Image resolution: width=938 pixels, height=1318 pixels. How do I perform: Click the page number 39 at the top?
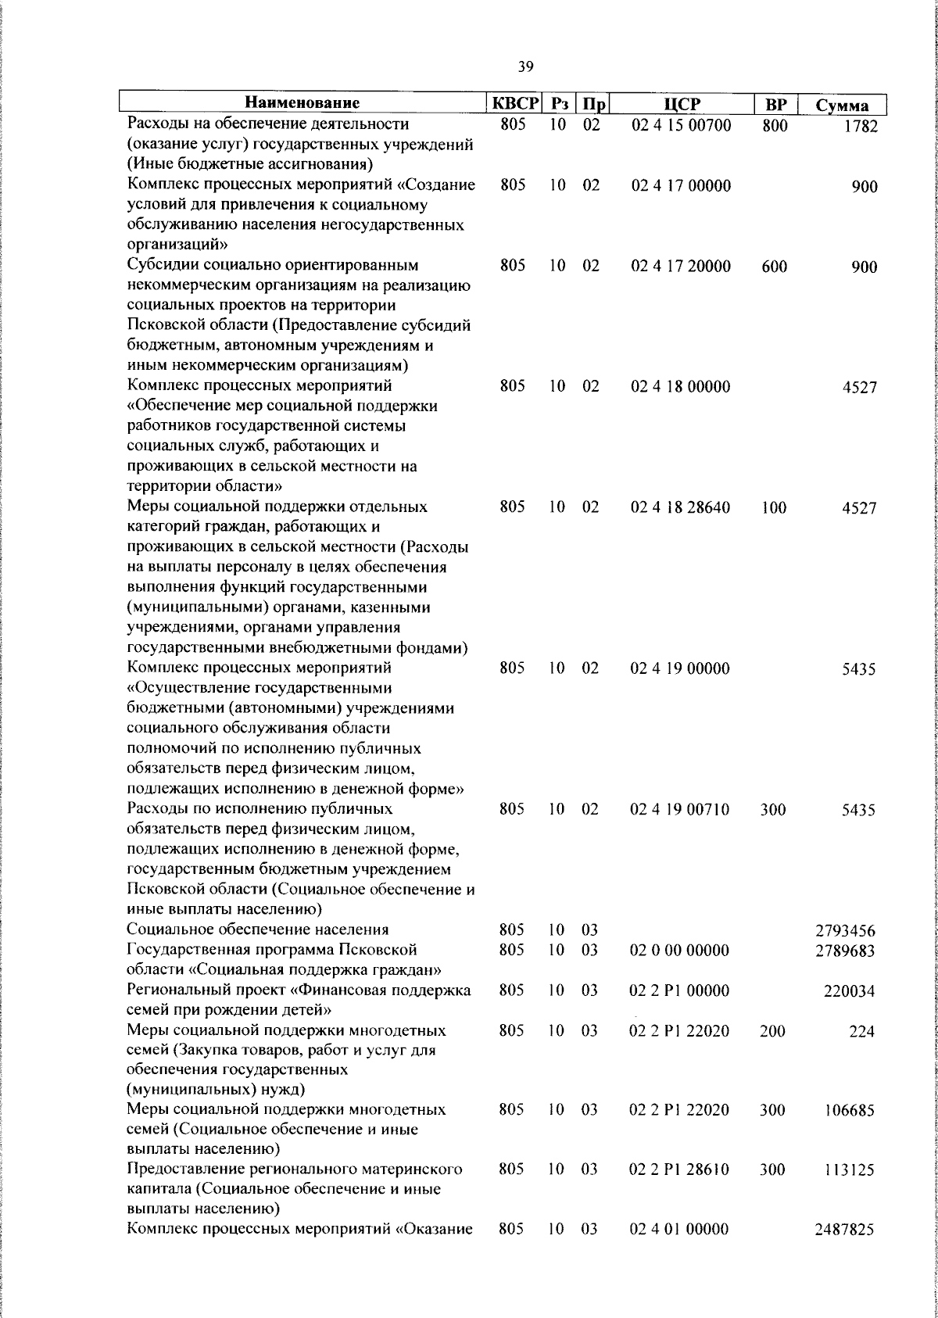coord(525,67)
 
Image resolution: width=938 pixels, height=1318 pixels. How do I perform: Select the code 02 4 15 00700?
coord(680,125)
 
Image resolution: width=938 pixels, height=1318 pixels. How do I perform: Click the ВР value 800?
coord(774,126)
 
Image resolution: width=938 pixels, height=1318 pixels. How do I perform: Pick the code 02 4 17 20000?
coord(680,267)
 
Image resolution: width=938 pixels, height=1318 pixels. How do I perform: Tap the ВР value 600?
coord(774,267)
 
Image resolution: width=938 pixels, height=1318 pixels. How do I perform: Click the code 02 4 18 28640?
coord(680,507)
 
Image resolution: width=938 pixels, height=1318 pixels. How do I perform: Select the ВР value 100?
coord(774,507)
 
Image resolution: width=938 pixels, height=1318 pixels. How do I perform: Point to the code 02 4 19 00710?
coord(680,810)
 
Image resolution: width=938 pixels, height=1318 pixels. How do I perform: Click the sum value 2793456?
coord(845,931)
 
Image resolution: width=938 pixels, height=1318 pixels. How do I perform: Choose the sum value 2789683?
coord(845,951)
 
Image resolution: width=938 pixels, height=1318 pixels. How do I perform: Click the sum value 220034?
coord(849,992)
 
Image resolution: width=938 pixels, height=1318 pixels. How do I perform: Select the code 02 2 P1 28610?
coord(680,1170)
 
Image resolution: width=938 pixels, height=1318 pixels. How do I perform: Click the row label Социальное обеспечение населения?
coord(258,930)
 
